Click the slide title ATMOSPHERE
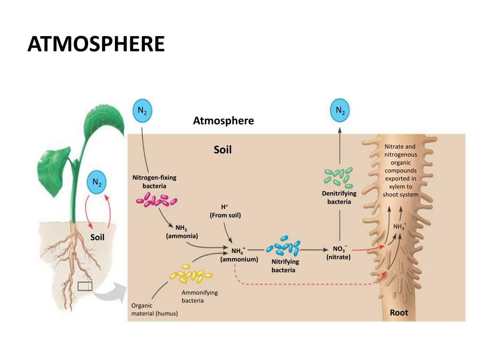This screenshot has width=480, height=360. (96, 44)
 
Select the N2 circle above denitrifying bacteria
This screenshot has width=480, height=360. (340, 111)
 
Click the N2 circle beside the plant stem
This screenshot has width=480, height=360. (97, 182)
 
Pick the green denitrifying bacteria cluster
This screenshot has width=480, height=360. (338, 177)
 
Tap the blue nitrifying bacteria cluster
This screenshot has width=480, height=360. (283, 247)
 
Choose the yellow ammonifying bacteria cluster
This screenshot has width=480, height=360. (191, 275)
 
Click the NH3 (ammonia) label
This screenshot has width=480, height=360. (182, 232)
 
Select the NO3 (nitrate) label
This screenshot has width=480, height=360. (339, 252)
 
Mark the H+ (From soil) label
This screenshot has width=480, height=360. (225, 211)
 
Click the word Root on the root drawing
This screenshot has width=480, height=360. (399, 313)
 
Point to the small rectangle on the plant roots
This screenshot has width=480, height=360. (85, 286)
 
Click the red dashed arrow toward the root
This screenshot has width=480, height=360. (305, 284)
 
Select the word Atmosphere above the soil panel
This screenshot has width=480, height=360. (224, 121)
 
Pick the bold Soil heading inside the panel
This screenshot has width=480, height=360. (223, 150)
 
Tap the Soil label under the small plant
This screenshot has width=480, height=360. (97, 237)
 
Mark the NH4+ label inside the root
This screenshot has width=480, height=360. (400, 227)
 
